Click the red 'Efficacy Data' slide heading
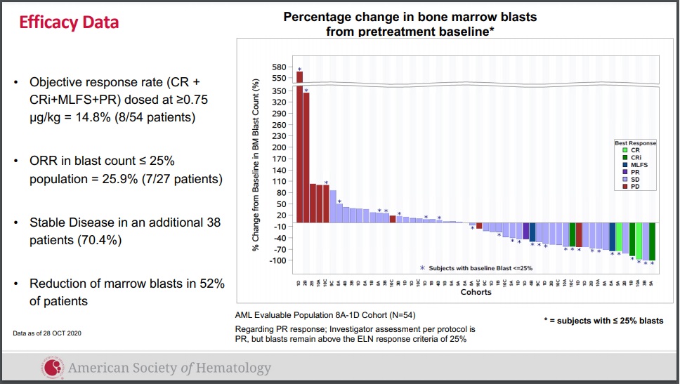point(69,22)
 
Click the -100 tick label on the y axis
point(276,260)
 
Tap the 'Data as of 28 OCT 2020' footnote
point(47,333)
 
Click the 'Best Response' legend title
point(635,142)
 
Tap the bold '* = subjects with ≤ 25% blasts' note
point(603,321)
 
